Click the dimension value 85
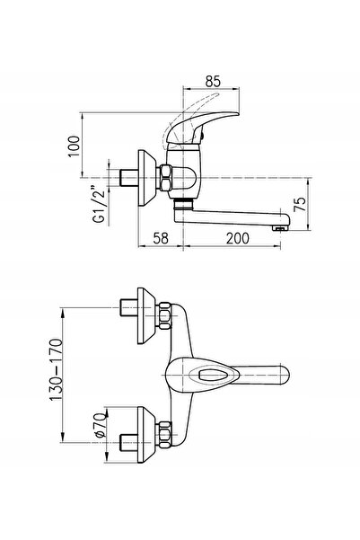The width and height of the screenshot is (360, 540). (x=213, y=81)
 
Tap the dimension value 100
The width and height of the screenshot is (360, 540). (x=74, y=146)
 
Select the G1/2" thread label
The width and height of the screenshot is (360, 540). (x=100, y=205)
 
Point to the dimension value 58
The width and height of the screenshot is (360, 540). (x=161, y=238)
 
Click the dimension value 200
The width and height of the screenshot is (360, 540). (x=238, y=238)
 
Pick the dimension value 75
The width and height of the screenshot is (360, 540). (x=300, y=205)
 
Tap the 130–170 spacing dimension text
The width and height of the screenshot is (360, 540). (x=57, y=370)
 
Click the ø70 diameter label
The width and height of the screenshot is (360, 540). (x=100, y=425)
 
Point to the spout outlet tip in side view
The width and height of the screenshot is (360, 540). (x=280, y=227)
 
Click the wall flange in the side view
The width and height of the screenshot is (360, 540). (x=146, y=178)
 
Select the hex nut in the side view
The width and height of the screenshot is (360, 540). (x=164, y=178)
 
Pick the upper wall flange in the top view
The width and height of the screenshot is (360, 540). (x=146, y=315)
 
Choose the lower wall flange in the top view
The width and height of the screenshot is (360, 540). (x=146, y=435)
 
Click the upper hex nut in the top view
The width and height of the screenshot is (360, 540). (x=164, y=315)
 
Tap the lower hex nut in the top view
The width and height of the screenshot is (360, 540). (x=164, y=435)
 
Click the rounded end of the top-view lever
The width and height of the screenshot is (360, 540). (x=285, y=375)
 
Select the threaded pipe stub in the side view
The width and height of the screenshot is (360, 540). (x=128, y=178)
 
